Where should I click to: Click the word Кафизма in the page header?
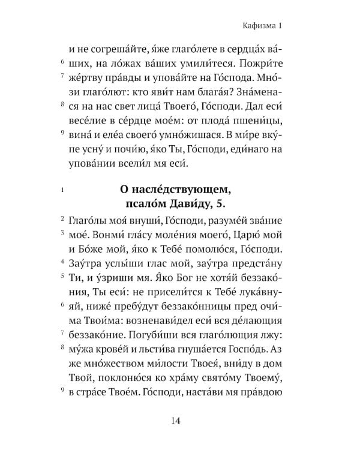point(249,25)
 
